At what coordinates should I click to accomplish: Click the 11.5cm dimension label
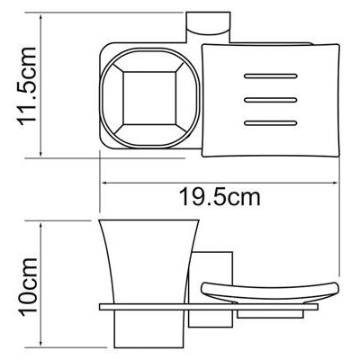click(x=28, y=86)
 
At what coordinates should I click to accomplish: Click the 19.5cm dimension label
click(x=220, y=197)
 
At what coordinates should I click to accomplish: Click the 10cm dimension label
click(x=29, y=287)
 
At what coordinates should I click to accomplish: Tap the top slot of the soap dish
click(x=271, y=76)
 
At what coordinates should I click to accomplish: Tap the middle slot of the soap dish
click(x=271, y=100)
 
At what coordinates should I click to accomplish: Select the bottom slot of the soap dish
click(x=271, y=123)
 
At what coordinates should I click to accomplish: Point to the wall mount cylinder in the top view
click(x=209, y=27)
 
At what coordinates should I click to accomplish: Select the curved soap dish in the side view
click(x=270, y=290)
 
